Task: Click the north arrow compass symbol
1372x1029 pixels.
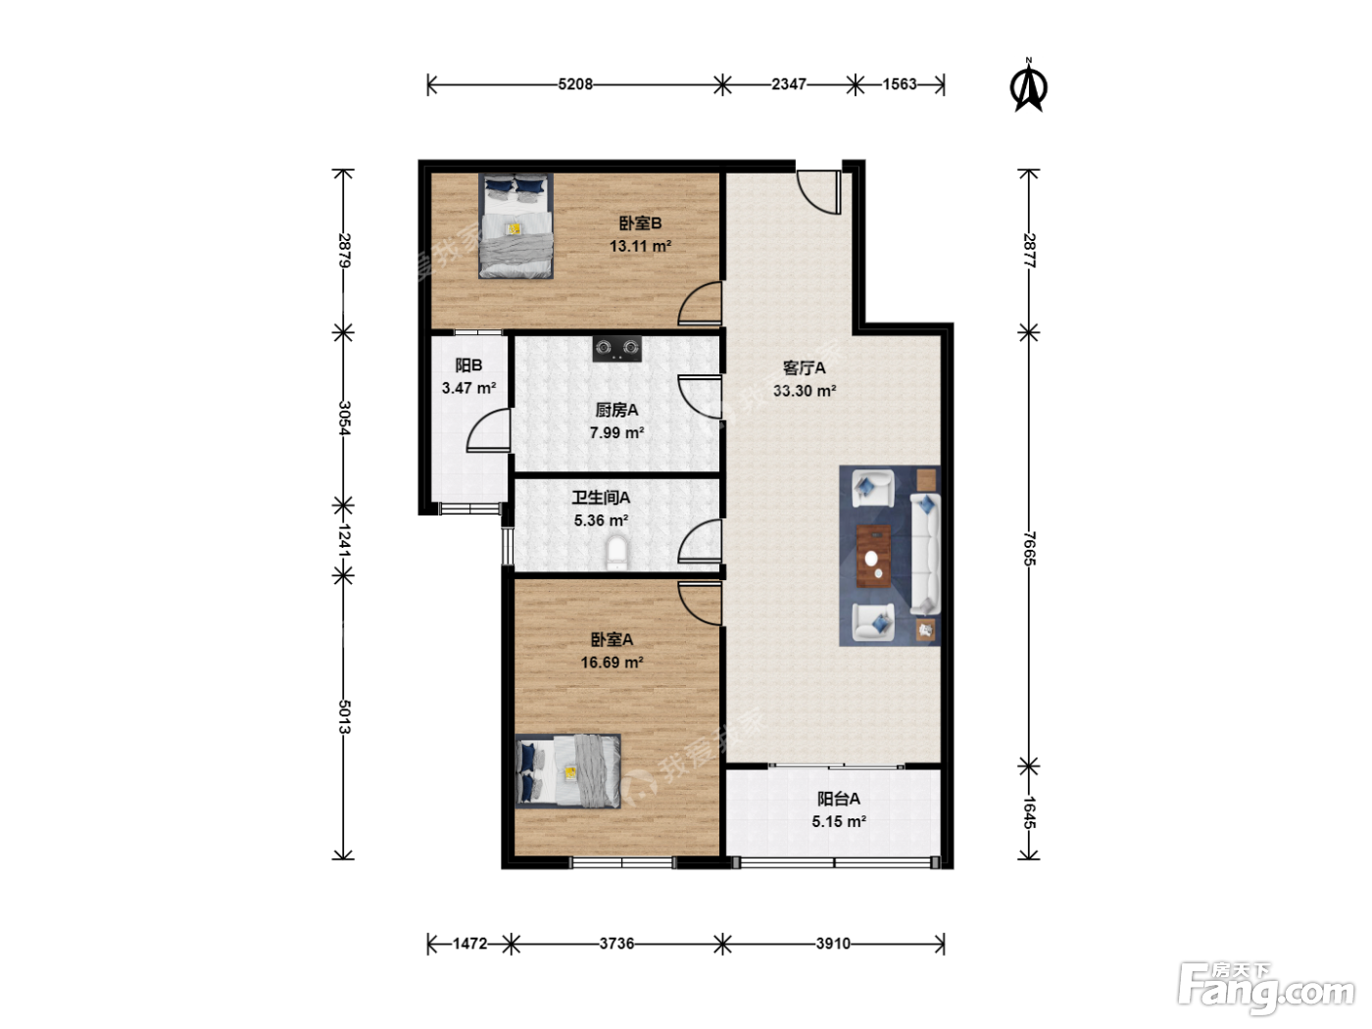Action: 1028,87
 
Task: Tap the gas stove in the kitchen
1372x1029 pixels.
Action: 617,349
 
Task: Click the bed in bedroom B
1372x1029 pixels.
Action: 515,225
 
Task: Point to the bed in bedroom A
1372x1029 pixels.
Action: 567,771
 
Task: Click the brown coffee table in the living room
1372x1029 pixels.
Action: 874,556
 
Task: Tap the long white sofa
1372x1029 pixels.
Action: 925,554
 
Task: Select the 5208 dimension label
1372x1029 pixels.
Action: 575,83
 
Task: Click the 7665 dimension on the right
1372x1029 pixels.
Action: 1029,549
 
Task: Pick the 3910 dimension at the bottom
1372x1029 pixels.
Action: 833,944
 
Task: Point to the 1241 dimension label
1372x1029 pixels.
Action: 344,540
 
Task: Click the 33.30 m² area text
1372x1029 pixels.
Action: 805,391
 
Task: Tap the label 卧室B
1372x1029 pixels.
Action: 640,223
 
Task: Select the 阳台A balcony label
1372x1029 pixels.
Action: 839,799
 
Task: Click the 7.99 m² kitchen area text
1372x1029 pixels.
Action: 617,432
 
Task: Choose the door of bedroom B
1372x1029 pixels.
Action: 700,304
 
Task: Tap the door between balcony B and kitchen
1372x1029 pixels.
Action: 488,430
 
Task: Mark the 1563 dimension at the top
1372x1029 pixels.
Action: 900,83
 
